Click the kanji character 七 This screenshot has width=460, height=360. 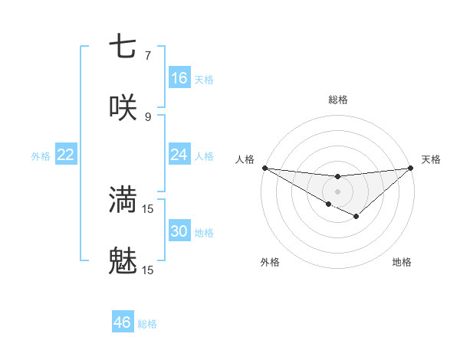click(x=123, y=47)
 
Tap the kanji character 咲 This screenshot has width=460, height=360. click(x=123, y=107)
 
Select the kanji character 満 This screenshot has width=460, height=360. click(x=123, y=200)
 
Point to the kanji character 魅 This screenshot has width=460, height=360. click(x=123, y=262)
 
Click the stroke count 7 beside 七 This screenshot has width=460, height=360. click(x=147, y=56)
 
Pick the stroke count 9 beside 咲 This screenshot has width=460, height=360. click(x=147, y=116)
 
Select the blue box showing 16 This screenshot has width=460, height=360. click(x=179, y=77)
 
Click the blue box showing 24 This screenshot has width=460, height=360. click(x=179, y=155)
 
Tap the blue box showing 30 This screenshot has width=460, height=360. click(x=179, y=231)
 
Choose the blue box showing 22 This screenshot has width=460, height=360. click(x=66, y=155)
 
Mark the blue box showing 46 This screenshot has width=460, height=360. click(x=123, y=322)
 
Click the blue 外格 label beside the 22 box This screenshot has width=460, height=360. click(x=41, y=156)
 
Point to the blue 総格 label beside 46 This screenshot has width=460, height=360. click(x=147, y=324)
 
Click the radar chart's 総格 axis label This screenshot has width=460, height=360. click(x=337, y=100)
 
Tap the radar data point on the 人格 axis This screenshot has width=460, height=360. click(x=264, y=167)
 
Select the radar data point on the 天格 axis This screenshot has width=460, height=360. click(x=411, y=168)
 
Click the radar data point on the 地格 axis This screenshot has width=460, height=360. click(x=356, y=218)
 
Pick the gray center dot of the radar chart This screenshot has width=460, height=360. click(x=337, y=191)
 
